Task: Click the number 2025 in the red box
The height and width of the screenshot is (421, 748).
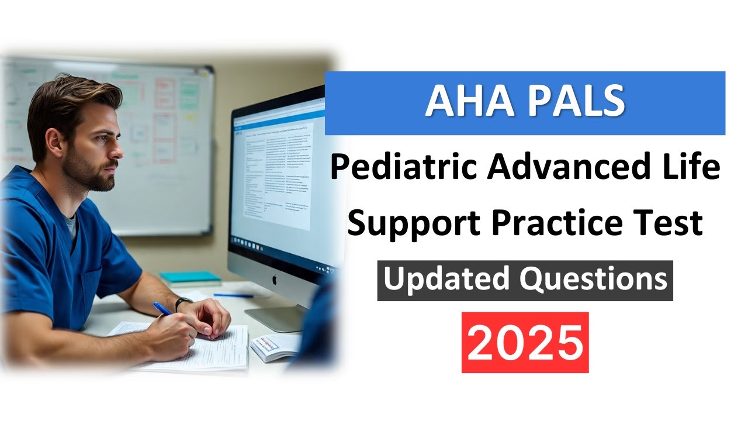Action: tap(525, 342)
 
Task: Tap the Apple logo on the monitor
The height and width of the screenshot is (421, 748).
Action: tap(273, 280)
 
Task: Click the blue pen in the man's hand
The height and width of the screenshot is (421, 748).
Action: tap(162, 308)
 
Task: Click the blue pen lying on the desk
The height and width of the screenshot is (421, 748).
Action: tap(233, 295)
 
